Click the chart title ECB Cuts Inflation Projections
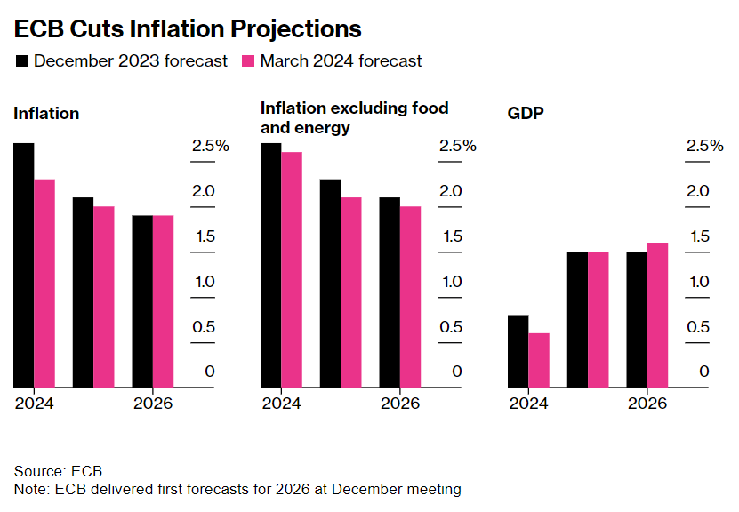[x=188, y=28]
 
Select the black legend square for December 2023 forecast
[x=21, y=61]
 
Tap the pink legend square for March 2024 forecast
[x=248, y=61]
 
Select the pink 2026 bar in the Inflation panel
[x=164, y=301]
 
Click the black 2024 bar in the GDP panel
[x=518, y=351]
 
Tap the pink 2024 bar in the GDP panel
[x=539, y=360]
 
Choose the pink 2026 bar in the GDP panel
[x=657, y=315]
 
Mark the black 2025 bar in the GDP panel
[x=577, y=319]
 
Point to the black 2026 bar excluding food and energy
[x=390, y=292]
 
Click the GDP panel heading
[x=524, y=114]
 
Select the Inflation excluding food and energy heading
[x=354, y=117]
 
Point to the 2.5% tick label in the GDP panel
[x=705, y=146]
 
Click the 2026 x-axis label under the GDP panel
[x=647, y=403]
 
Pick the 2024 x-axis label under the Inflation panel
[x=34, y=403]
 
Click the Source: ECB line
[x=59, y=470]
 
